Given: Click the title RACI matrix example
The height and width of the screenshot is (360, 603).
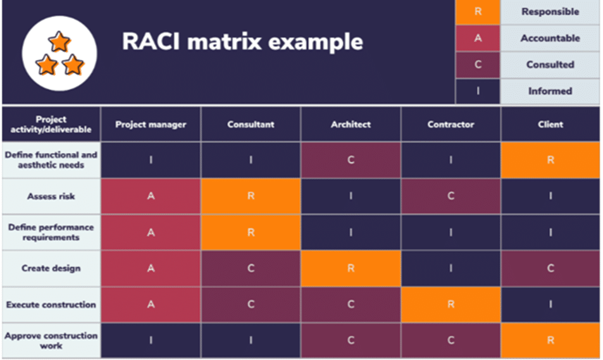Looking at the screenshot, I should [242, 42].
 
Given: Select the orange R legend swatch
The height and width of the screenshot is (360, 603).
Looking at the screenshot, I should [478, 12].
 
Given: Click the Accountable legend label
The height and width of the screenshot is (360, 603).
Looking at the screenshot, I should [550, 38].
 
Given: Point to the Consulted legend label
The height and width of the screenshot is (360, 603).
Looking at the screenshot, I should [550, 65].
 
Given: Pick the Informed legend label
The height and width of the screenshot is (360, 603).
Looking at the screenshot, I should [550, 91].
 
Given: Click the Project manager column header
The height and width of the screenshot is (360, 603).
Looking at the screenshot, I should [151, 125].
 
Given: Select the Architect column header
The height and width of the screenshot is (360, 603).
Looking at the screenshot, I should [351, 125].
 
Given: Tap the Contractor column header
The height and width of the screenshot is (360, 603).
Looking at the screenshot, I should [451, 125].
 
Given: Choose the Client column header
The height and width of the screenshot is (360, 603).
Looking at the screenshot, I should [550, 125].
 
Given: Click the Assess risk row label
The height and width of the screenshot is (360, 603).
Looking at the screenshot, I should [51, 196].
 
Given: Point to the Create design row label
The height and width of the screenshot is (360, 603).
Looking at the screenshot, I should [51, 268].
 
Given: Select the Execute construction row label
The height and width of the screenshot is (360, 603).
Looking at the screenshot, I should [51, 304].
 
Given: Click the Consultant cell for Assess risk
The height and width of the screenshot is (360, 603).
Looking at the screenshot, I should [251, 196].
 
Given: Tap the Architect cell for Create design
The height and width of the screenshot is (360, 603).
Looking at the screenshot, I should [351, 268].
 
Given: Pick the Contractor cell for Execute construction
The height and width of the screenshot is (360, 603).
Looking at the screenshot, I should [451, 304].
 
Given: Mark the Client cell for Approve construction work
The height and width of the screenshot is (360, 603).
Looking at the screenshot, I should [550, 340].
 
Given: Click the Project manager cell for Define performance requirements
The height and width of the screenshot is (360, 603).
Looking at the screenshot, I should [151, 232].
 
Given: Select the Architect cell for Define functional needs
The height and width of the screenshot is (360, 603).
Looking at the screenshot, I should [351, 160].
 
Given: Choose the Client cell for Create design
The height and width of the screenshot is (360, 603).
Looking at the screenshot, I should [550, 268].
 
